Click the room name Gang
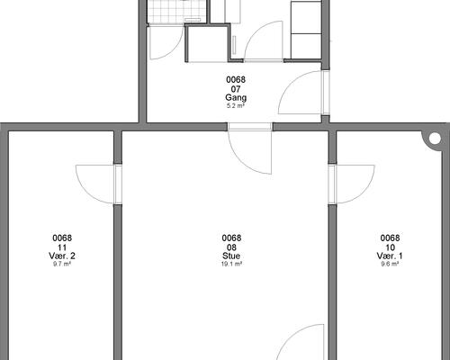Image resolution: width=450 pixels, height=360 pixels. tap(236, 98)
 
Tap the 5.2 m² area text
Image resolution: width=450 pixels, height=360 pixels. tap(236, 105)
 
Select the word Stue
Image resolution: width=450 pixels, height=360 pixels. tap(231, 256)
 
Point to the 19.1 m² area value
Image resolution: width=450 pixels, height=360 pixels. tap(231, 264)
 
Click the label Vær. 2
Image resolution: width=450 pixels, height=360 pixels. tap(62, 256)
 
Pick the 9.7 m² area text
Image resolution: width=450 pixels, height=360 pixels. tap(62, 264)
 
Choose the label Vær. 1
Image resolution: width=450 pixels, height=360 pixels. tap(390, 256)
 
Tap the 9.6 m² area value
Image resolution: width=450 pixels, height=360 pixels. tap(390, 264)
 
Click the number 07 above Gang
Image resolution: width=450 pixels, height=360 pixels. tap(236, 89)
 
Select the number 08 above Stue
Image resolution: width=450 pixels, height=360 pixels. tap(231, 247)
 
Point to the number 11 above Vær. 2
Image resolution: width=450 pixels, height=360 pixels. tap(62, 247)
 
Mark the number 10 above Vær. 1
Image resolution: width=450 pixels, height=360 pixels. tap(390, 247)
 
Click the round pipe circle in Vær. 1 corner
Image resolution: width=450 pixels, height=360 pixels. tap(435, 139)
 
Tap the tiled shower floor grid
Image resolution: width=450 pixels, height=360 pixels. tap(177, 12)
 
